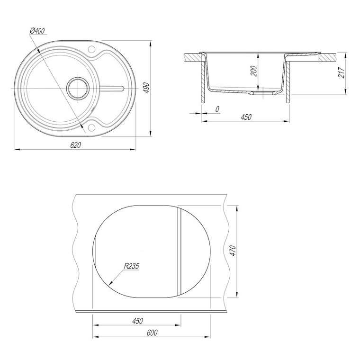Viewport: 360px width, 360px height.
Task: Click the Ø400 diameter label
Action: tap(37, 31)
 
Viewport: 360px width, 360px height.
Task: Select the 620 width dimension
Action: tap(75, 145)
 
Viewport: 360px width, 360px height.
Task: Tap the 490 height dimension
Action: tap(146, 88)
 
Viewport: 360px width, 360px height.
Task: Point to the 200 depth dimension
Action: tap(253, 71)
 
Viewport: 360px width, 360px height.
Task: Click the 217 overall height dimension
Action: tap(342, 73)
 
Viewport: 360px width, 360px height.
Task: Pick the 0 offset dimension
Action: tap(217, 109)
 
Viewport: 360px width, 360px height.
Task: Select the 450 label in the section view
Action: tap(246, 117)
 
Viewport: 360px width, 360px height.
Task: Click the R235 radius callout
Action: tap(131, 266)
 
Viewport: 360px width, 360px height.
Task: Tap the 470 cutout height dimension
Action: tap(233, 251)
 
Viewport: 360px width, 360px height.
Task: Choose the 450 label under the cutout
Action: tap(137, 321)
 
